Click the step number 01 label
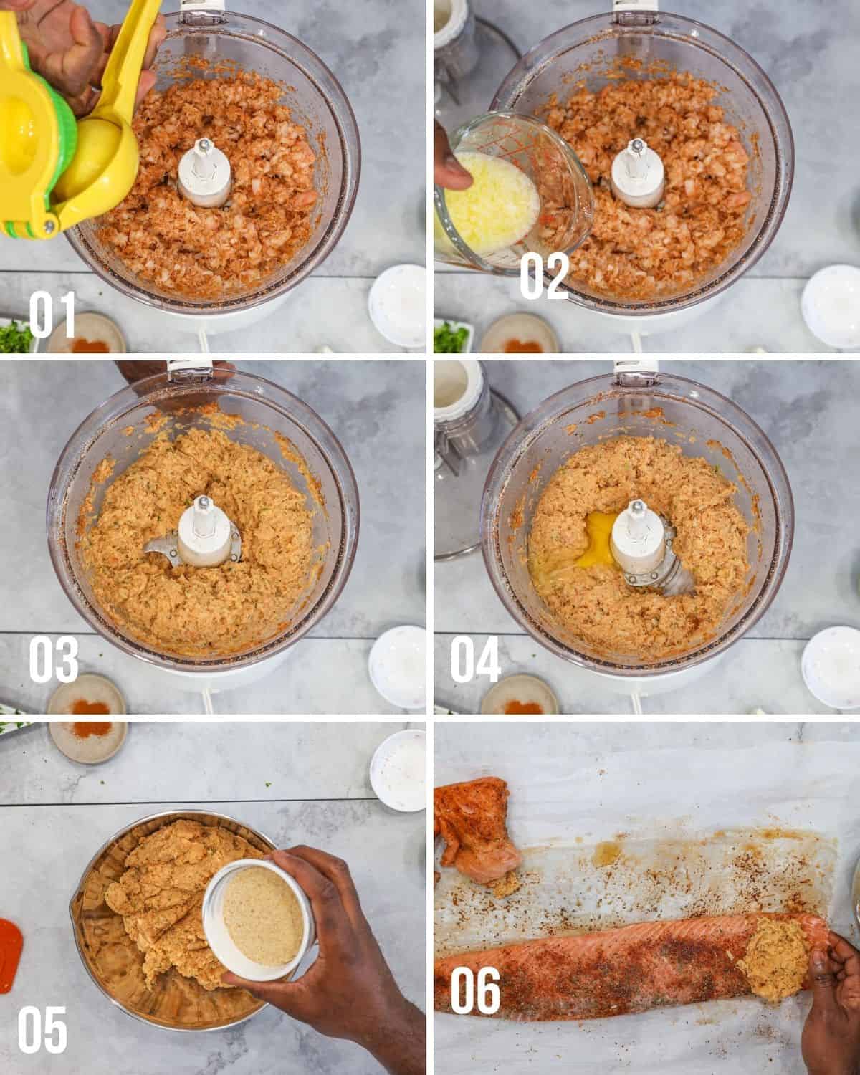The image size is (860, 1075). [52, 315]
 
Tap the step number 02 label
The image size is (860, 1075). [544, 276]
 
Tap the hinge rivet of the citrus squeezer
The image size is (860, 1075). [48, 227]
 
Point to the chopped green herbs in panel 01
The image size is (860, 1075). [15, 335]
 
